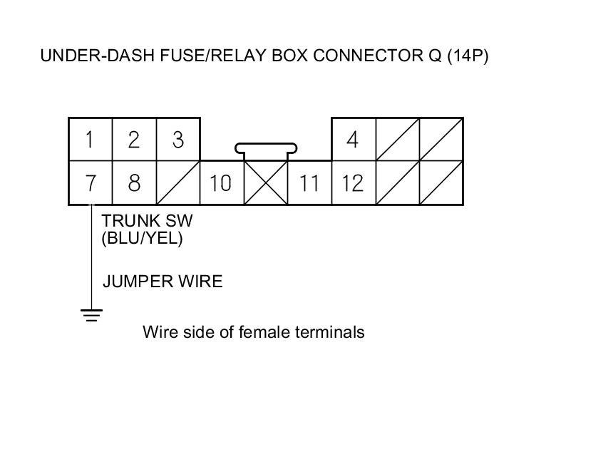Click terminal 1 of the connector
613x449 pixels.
pyautogui.click(x=91, y=140)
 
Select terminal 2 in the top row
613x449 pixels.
pyautogui.click(x=134, y=140)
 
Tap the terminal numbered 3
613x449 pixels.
pyautogui.click(x=177, y=140)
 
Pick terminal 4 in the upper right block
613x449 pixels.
pyautogui.click(x=353, y=140)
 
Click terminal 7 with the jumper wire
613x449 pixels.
pyautogui.click(x=91, y=183)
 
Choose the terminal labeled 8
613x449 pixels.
pyautogui.click(x=134, y=183)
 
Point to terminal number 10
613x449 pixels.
pyautogui.click(x=221, y=183)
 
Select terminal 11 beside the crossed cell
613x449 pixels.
pyautogui.click(x=309, y=183)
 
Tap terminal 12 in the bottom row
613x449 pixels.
pyautogui.click(x=353, y=183)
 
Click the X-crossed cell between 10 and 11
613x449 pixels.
pyautogui.click(x=265, y=183)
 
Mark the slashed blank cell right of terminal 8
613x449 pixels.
pyautogui.click(x=177, y=183)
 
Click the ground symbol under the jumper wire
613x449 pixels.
pyautogui.click(x=91, y=314)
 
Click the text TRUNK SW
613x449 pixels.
pyautogui.click(x=148, y=221)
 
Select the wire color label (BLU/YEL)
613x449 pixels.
pyautogui.click(x=143, y=239)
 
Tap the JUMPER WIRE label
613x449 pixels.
pyautogui.click(x=163, y=282)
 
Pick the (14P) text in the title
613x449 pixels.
pyautogui.click(x=468, y=56)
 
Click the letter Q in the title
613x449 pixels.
pyautogui.click(x=434, y=56)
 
